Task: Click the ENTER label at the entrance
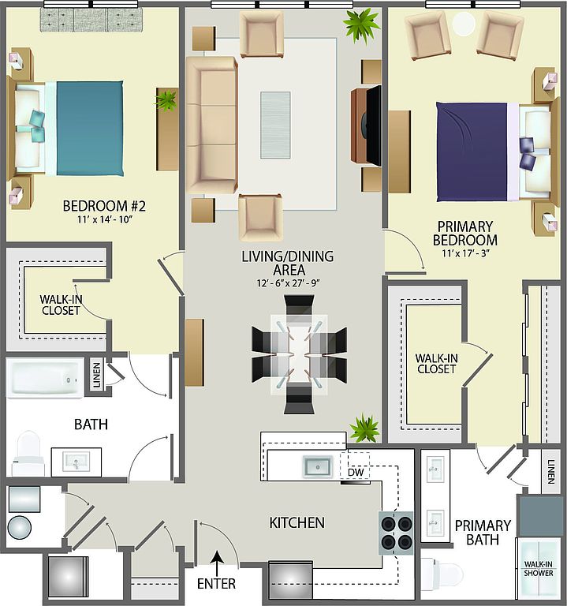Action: pos(216,584)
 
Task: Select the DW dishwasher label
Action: pos(356,473)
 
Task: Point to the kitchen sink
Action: pos(318,466)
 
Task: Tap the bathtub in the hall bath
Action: pos(44,379)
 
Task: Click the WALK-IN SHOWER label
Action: pos(539,568)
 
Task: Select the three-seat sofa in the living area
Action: pos(211,125)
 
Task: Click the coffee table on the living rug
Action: pos(275,125)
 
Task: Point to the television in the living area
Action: pos(373,125)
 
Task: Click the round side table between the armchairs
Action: pos(464,23)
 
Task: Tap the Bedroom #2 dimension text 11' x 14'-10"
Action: pos(105,220)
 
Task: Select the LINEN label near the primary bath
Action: pos(550,472)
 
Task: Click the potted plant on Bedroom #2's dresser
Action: pos(167,100)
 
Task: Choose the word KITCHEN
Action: pos(297,522)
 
